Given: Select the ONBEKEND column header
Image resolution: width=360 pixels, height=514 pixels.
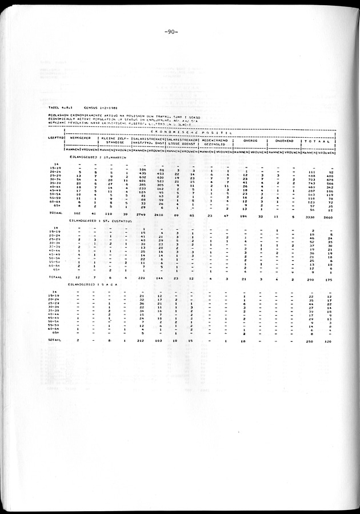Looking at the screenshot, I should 282,141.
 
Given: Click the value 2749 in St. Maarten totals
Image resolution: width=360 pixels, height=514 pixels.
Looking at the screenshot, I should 143,213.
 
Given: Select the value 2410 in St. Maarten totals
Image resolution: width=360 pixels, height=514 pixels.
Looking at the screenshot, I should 162,213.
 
